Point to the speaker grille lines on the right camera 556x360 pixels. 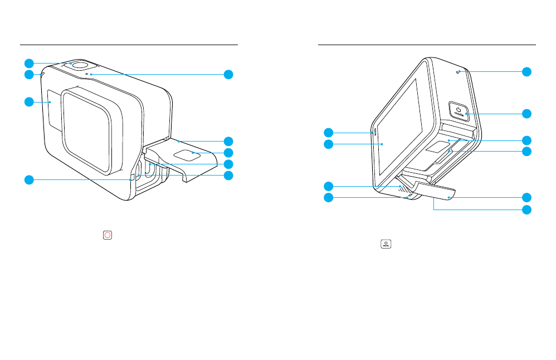(x=401, y=189)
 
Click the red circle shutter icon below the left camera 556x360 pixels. (x=108, y=235)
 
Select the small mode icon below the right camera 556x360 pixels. (x=386, y=244)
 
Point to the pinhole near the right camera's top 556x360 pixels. (x=459, y=72)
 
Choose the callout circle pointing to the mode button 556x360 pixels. (x=526, y=114)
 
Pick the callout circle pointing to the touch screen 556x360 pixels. (x=329, y=144)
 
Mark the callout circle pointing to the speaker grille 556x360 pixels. (x=329, y=186)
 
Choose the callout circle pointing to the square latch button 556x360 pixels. (x=227, y=152)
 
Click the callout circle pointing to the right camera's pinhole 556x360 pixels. (x=526, y=72)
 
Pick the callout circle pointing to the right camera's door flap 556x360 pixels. (x=526, y=197)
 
